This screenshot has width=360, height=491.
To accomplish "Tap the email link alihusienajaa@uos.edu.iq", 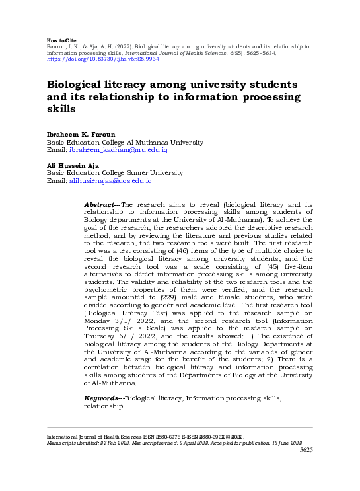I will point(110,180).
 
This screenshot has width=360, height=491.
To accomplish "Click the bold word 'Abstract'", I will point(99,205).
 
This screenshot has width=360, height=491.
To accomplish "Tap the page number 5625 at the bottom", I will point(306,450).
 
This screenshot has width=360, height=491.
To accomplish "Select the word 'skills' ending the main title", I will point(61,109).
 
